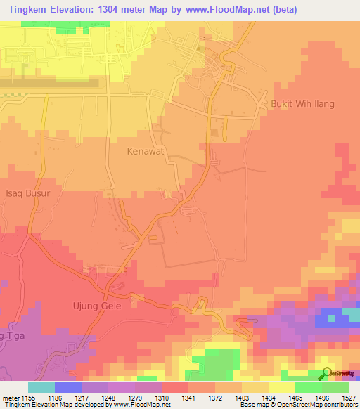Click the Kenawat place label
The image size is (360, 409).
pyautogui.click(x=146, y=151)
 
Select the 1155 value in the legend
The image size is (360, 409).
pyautogui.click(x=27, y=398)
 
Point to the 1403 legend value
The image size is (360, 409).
pyautogui.click(x=241, y=398)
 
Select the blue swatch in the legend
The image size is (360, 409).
pyautogui.click(x=67, y=387)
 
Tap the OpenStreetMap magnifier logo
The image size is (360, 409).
pyautogui.click(x=326, y=374)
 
